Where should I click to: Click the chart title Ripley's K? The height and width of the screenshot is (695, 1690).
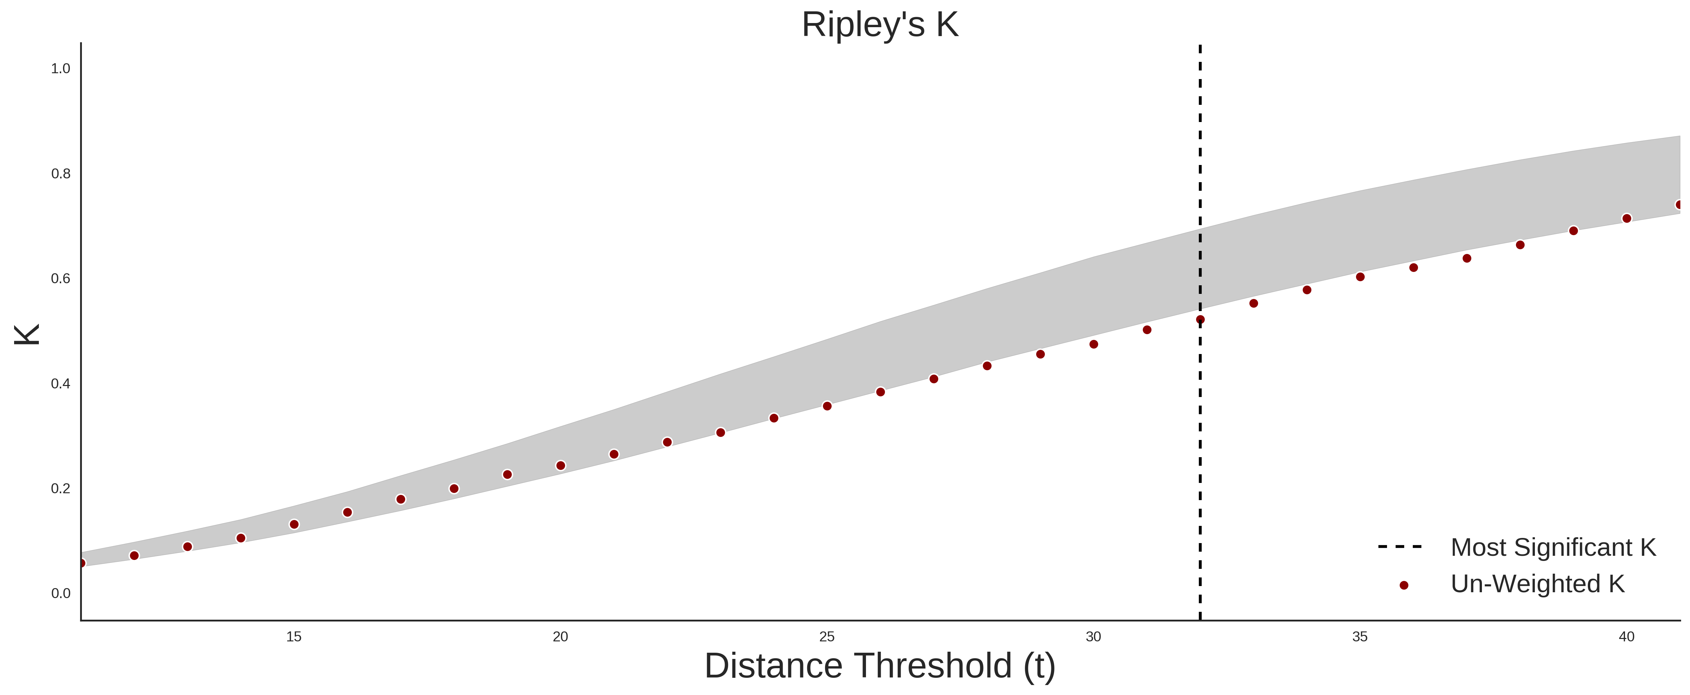click(x=880, y=25)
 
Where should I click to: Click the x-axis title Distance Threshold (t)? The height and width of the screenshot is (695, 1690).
click(x=880, y=666)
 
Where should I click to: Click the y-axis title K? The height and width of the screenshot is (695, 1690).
click(x=28, y=334)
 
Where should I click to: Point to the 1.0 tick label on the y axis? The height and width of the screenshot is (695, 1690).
click(x=61, y=69)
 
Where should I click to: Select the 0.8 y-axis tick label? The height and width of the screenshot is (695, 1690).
click(x=61, y=174)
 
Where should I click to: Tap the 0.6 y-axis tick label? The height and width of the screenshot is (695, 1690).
click(x=61, y=279)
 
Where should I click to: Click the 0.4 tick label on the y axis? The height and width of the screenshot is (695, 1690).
click(x=61, y=384)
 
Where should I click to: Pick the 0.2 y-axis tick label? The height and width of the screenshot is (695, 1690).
click(x=61, y=488)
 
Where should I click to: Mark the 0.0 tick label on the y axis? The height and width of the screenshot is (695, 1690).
click(x=61, y=593)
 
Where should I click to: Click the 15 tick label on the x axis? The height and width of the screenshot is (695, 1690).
click(x=294, y=637)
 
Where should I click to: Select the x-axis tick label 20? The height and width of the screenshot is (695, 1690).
click(x=560, y=637)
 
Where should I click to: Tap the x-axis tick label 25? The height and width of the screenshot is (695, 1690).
click(x=827, y=637)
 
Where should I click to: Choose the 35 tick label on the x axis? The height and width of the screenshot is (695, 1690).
click(x=1360, y=637)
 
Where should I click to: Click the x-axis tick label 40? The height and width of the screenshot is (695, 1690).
click(x=1626, y=637)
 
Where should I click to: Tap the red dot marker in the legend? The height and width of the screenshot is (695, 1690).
click(x=1403, y=585)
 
